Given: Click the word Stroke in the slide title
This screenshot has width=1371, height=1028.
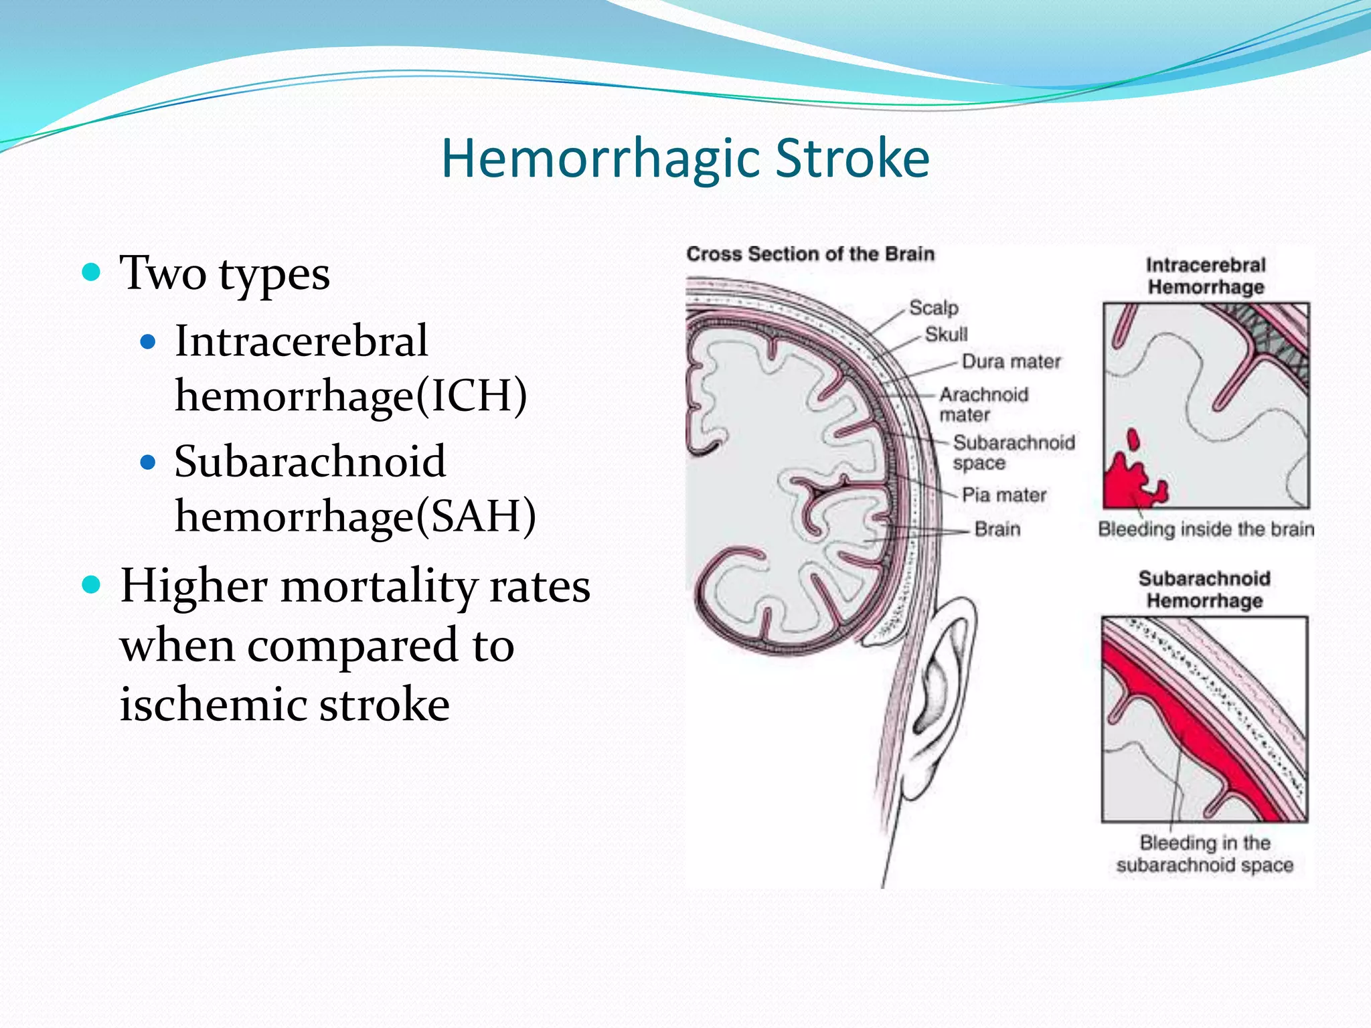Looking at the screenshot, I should click(852, 159).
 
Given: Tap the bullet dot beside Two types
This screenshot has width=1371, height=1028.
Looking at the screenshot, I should click(91, 272).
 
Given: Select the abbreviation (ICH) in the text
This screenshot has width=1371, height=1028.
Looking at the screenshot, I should click(471, 396).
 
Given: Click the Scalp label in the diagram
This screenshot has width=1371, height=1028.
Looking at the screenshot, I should click(933, 308).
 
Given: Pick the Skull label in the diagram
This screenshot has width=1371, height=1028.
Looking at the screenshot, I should click(946, 334).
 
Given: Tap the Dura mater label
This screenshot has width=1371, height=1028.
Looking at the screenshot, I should click(1011, 362).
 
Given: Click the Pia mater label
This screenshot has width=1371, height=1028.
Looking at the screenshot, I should click(1003, 495).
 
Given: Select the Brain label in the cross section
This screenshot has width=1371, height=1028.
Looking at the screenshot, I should click(997, 529).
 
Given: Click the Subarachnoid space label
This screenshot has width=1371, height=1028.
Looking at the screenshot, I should click(1013, 452).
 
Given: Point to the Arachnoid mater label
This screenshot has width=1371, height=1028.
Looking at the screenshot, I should click(983, 404).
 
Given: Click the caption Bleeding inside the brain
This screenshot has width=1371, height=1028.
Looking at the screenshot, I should click(1206, 529).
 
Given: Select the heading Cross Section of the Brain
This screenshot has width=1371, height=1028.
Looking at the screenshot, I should click(810, 254).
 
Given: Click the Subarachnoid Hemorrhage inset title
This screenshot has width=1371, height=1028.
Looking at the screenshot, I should click(1204, 590).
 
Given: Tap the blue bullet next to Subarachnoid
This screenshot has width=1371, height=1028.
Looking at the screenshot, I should click(148, 462).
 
